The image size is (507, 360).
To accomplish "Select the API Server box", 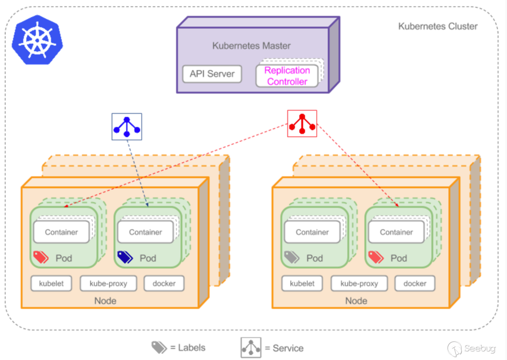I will point(212,74).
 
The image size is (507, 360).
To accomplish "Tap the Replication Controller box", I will point(287,76).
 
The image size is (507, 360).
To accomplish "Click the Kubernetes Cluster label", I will point(438,27).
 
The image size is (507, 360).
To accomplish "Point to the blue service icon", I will point(127,127).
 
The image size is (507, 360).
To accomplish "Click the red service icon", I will point(302,123).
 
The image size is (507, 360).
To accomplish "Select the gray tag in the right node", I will point(291,257).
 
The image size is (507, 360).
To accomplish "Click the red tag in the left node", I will point(41,257).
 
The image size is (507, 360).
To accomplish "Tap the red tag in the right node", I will point(376,257).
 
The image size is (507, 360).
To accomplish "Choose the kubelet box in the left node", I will point(51,283).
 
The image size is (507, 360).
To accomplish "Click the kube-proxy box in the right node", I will point(359,283).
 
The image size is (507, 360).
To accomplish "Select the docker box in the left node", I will point(164,283).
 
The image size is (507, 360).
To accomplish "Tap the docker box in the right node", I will point(415,283).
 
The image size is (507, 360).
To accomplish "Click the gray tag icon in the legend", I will point(159,348).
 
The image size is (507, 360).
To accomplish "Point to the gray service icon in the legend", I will point(251,348).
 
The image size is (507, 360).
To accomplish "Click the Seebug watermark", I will point(472,349).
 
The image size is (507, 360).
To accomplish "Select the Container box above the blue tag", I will point(145,232).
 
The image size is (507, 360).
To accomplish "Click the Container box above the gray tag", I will point(312,232).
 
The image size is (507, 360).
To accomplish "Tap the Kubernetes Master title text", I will point(251,46).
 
